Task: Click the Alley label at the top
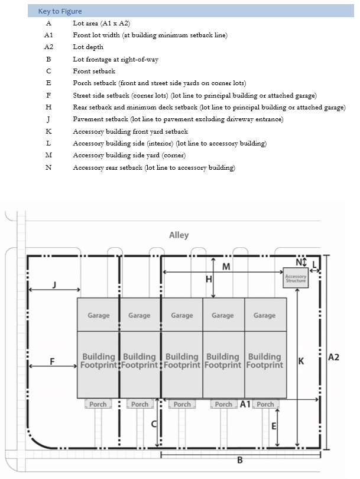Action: coord(179,235)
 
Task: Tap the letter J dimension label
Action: coord(54,284)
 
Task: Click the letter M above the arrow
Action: coord(226,267)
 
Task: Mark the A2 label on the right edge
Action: coord(333,357)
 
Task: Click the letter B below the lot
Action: coord(240,461)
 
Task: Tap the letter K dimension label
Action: coord(301,360)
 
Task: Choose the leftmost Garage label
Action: coord(99,315)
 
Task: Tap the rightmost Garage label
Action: coord(264,315)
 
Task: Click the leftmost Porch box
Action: coord(98,404)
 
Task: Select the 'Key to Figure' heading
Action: coord(60,11)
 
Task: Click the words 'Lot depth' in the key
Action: coord(88,47)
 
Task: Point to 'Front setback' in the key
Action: coord(94,71)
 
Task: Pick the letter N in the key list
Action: coord(48,168)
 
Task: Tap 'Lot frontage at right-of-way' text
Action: coord(115,59)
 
